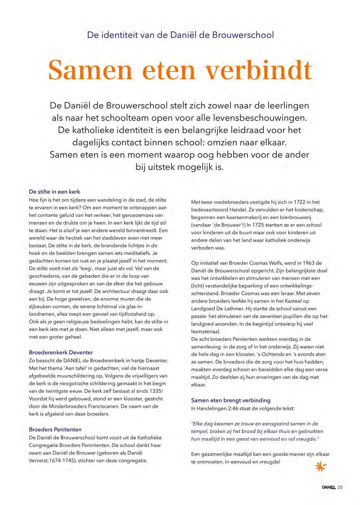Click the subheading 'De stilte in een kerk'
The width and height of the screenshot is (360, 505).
click(54, 192)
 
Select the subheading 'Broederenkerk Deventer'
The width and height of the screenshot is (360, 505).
click(61, 352)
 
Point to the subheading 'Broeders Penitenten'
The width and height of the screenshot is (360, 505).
click(55, 429)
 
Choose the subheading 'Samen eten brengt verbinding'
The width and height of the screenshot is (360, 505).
click(231, 400)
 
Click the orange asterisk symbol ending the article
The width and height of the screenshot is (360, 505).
click(321, 467)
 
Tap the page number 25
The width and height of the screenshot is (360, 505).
click(340, 487)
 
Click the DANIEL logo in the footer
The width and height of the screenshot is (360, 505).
click(329, 487)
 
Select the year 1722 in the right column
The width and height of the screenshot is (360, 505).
click(299, 202)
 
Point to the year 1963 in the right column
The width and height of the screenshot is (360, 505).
click(308, 263)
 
